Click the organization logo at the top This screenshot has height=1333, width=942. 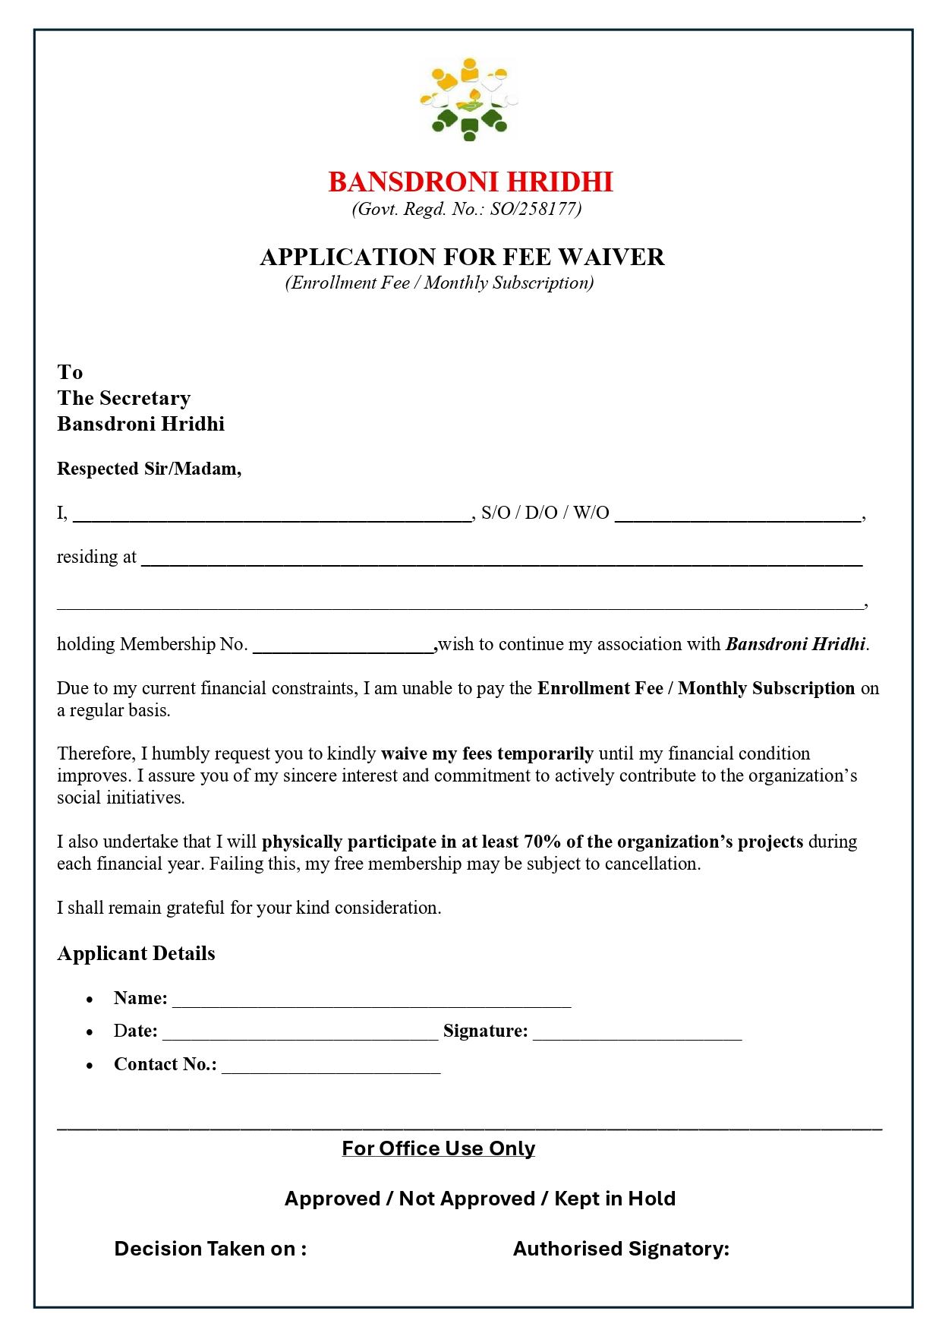469,100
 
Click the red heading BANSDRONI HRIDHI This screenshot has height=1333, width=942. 471,182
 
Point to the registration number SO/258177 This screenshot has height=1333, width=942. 535,210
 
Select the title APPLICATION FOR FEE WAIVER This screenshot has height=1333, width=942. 462,257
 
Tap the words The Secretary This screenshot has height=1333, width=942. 124,398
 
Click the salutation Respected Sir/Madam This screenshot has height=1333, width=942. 149,469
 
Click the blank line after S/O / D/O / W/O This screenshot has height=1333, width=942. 737,516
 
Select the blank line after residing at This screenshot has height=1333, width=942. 501,562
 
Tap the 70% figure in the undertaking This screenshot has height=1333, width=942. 542,842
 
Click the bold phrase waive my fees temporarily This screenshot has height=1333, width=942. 487,753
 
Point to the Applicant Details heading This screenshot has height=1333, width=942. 137,954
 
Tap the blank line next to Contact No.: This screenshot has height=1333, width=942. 331,1069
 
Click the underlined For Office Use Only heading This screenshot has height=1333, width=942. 439,1148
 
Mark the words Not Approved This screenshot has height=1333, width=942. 467,1199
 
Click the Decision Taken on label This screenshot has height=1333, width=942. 210,1249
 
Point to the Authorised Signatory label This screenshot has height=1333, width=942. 621,1249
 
